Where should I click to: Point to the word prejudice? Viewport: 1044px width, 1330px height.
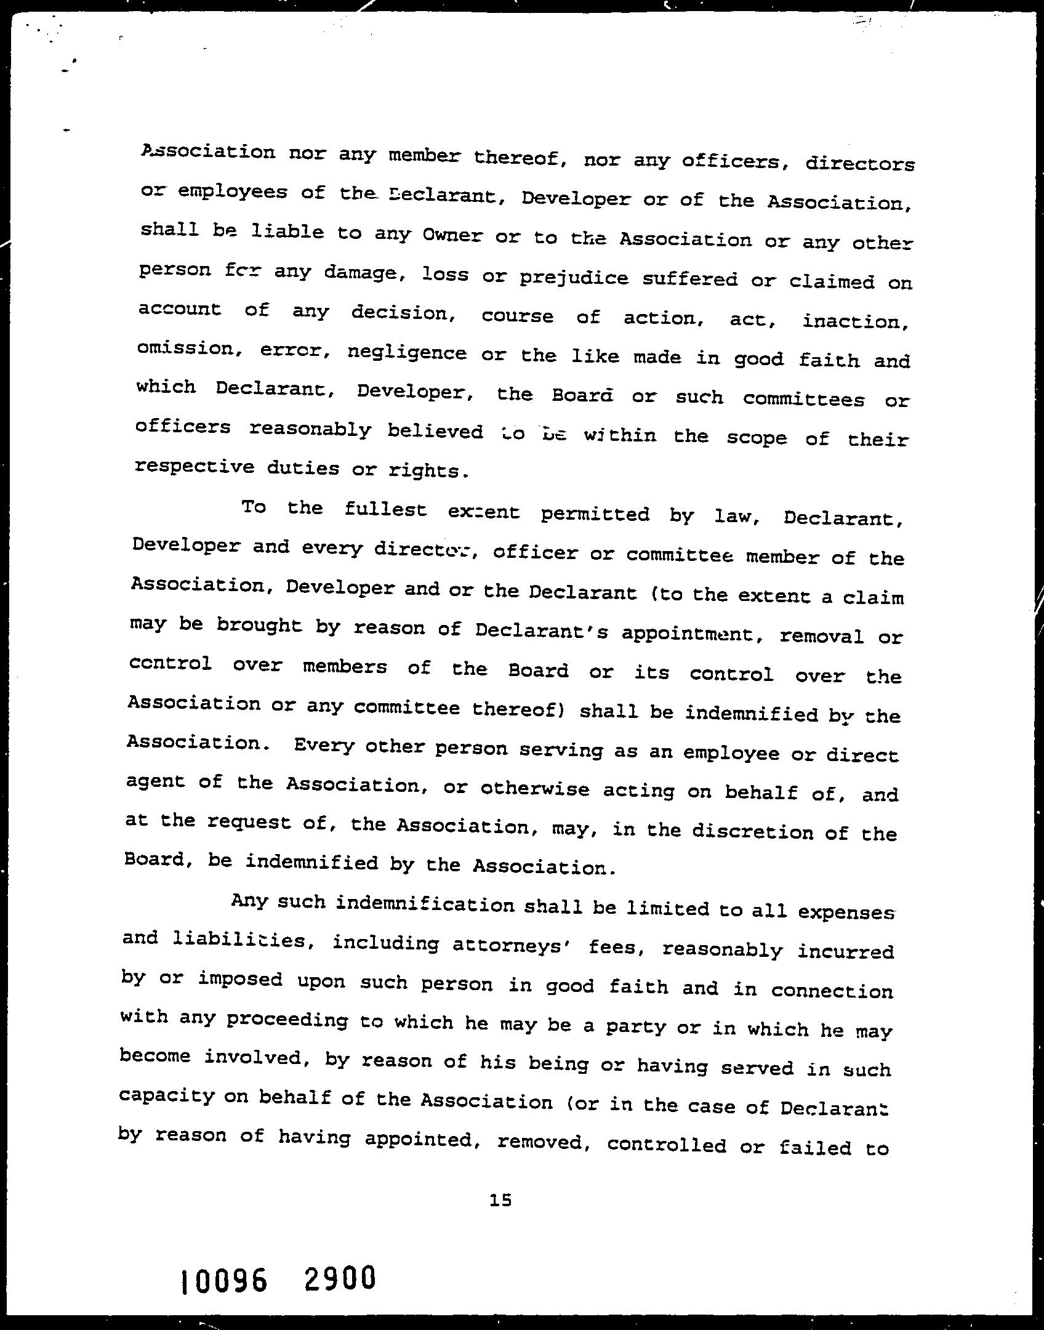point(574,278)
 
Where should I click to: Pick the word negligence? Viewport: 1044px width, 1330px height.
point(408,353)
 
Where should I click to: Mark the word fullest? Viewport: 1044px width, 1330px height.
point(385,510)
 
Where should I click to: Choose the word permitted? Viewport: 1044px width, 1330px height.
point(595,514)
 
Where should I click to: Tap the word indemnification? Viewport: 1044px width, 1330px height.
point(426,905)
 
